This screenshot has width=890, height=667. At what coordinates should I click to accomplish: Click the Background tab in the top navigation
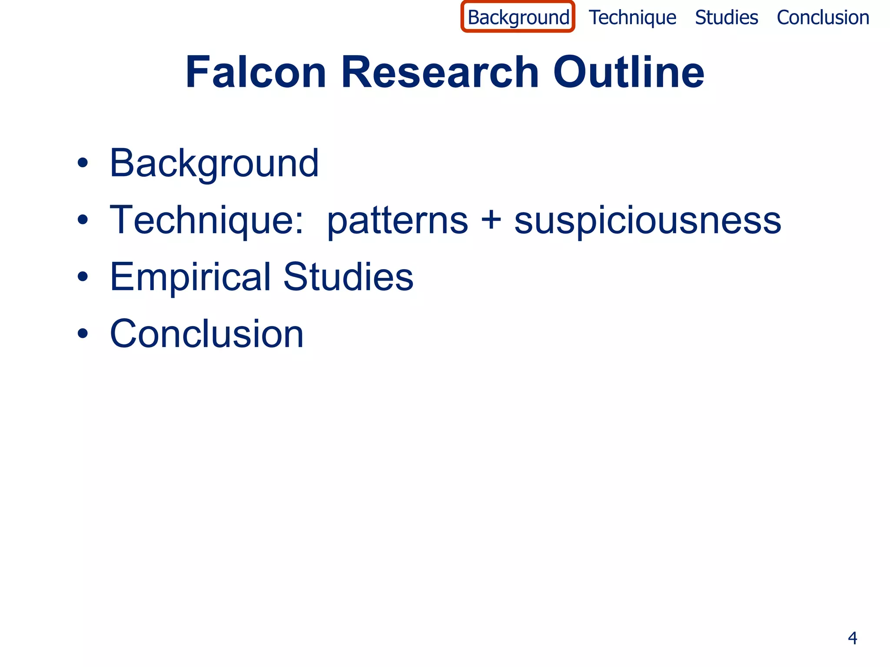coord(518,18)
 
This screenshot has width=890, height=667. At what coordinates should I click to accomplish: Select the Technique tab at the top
coord(632,18)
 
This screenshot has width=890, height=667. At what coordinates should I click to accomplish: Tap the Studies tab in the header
coord(726,18)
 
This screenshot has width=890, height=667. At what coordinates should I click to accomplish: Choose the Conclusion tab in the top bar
coord(823,18)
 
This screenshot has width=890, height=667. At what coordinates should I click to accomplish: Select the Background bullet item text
coord(214,164)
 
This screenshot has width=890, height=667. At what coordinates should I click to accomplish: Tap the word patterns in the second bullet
coord(397,221)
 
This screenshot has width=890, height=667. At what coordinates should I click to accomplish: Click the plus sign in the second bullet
coord(491,220)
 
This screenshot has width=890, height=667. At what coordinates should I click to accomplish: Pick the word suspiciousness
coord(648,221)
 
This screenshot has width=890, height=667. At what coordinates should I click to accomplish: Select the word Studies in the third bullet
coord(348,277)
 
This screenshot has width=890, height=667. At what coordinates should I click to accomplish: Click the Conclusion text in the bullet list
coord(206,333)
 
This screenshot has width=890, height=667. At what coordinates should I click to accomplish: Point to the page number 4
coord(852,638)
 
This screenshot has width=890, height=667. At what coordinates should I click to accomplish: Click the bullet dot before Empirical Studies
coord(83,277)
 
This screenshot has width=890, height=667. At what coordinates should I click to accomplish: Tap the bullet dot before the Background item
coord(83,163)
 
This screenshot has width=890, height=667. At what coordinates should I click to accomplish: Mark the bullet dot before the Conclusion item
coord(83,333)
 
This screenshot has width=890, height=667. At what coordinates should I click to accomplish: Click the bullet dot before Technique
coord(83,220)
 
